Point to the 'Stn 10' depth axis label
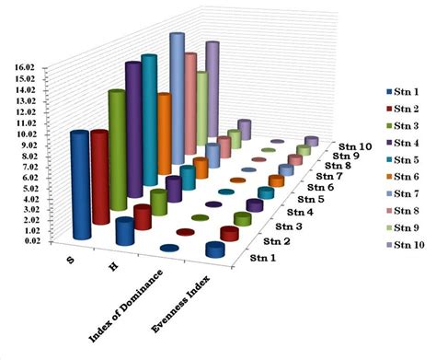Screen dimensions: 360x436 coord(353,145)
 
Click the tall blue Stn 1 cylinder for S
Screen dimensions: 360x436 coord(81,184)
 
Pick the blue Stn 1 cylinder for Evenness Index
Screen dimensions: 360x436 coord(215,250)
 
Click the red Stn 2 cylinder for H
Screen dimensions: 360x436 coord(143,216)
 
